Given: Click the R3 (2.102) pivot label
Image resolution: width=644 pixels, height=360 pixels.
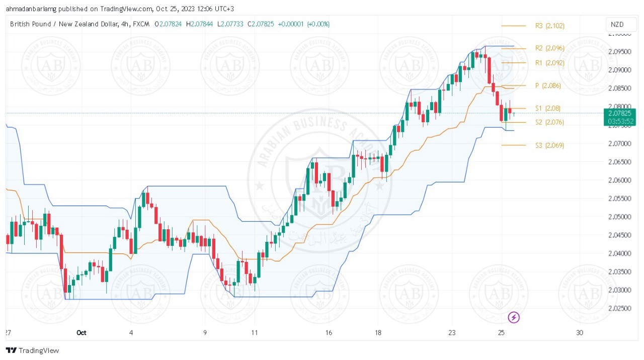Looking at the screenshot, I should pos(549,26).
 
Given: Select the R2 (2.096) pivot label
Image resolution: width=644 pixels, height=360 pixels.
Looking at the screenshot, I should pos(549,48).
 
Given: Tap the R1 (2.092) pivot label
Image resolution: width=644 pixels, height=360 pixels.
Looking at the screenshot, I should pos(549,63).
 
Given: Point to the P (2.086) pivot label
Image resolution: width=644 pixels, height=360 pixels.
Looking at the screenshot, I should pos(548,86).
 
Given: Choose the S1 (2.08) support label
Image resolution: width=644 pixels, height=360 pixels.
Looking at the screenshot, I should pos(547,108).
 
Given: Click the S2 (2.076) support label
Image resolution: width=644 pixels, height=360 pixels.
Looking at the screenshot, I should pos(549,122).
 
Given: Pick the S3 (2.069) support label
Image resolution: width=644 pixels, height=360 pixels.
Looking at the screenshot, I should pos(549,145).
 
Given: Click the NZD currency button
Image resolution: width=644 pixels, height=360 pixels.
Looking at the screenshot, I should pos(617,25).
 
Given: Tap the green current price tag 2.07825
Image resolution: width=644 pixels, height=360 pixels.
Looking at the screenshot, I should pos(621,113).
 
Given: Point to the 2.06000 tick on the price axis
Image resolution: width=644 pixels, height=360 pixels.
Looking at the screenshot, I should pos(619,180).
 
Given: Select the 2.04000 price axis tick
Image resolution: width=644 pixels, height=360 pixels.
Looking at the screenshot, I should pos(619,253).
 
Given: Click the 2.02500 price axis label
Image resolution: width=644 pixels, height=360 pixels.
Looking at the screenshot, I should pos(619,308).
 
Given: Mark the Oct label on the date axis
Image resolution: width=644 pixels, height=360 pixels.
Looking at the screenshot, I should pos(82,332).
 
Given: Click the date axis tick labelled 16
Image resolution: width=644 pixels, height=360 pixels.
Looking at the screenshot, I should pos(329,332).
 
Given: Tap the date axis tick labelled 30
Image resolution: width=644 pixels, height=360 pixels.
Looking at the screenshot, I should pos(580,332).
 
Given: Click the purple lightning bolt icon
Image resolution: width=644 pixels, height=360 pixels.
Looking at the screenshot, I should pos(514,317).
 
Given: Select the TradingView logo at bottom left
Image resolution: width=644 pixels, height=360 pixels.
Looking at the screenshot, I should pos(33,350).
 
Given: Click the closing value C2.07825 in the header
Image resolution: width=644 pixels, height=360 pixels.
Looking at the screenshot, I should pos(258,24).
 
